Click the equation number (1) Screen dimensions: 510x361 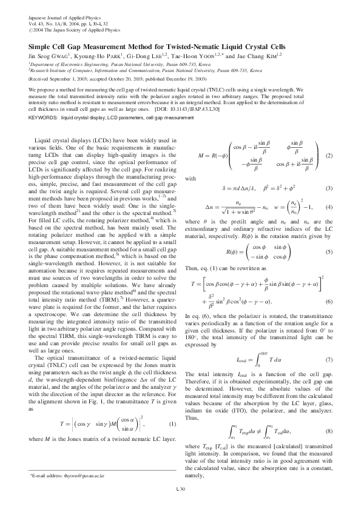point(173,406)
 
